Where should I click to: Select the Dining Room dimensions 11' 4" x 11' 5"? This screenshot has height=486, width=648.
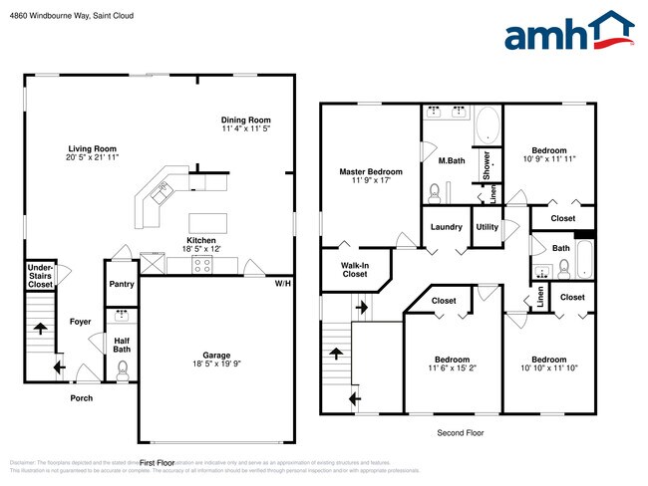click(246, 128)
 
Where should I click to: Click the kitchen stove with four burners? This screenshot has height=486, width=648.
click(202, 265)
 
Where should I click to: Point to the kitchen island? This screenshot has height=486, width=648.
click(207, 221)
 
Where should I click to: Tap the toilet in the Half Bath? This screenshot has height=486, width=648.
click(122, 370)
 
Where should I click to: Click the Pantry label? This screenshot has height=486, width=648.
click(122, 284)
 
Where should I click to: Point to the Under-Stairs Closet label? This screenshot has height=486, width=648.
click(40, 276)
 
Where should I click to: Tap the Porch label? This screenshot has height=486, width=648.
click(81, 398)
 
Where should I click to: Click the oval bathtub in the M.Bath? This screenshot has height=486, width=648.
click(487, 127)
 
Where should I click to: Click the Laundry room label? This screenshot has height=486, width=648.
click(446, 227)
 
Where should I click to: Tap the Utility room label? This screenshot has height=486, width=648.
click(486, 227)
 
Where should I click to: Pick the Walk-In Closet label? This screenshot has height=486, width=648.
click(354, 269)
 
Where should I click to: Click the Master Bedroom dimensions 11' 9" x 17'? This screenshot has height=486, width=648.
click(370, 180)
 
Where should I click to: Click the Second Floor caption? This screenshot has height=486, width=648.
click(462, 433)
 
